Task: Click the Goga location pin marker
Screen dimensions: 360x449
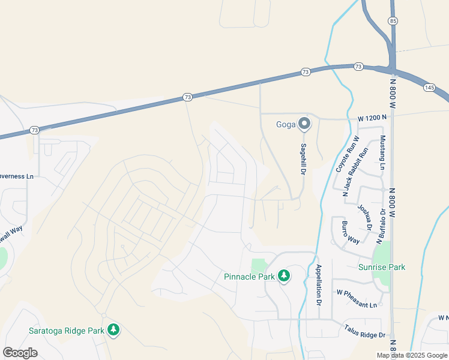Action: point(304,124)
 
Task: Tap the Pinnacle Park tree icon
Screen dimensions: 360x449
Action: point(284,277)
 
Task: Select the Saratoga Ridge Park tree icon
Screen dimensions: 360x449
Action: point(113,330)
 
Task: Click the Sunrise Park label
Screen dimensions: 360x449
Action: point(382,267)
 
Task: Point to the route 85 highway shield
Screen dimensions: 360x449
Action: point(393,20)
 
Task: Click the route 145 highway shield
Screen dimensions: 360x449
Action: point(429,87)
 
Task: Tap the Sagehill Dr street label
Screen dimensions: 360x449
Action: point(304,158)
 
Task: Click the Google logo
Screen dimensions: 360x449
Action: point(20,352)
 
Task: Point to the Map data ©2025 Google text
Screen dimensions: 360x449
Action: point(412,355)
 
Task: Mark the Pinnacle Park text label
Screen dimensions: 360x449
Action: point(249,277)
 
